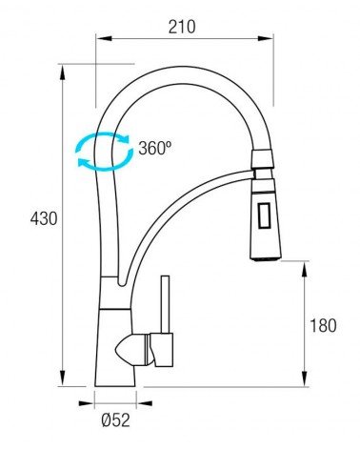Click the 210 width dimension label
[x=182, y=27]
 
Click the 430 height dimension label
[x=44, y=218]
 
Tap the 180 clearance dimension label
[x=323, y=326]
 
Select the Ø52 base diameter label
[x=116, y=420]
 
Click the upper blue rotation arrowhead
[x=125, y=138]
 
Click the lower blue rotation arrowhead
[x=84, y=162]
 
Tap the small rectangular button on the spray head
[x=264, y=215]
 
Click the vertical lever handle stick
[x=165, y=304]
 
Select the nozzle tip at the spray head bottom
[x=266, y=258]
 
